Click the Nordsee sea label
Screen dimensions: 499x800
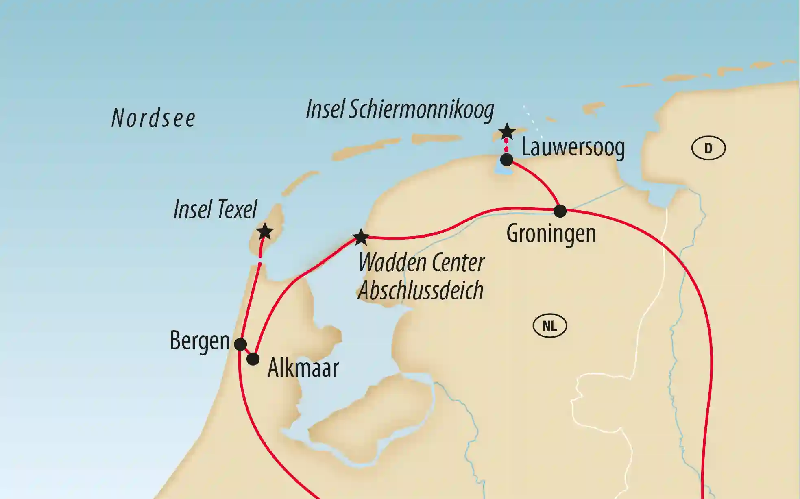(153, 118)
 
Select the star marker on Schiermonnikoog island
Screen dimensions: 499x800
(507, 131)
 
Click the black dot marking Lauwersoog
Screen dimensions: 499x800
(506, 159)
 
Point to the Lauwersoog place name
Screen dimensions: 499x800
(573, 147)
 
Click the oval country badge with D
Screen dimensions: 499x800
(708, 148)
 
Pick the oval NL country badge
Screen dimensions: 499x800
(549, 326)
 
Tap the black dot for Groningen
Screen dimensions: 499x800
(560, 211)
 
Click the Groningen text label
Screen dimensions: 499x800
(551, 234)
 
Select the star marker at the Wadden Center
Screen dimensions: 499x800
(361, 237)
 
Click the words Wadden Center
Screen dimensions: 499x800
(421, 263)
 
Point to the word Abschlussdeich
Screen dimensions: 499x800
(421, 290)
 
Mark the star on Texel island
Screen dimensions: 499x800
(265, 231)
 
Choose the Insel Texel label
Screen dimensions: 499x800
(215, 209)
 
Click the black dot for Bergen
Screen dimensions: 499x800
(240, 344)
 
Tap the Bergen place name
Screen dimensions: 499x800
(199, 341)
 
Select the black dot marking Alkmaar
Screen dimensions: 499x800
(253, 359)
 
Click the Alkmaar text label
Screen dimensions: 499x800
(303, 368)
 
